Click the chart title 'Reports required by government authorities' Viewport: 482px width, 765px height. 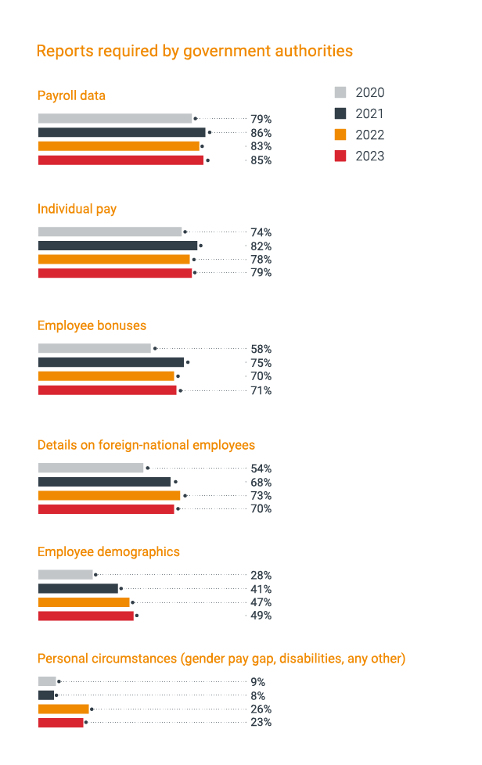pyautogui.click(x=195, y=52)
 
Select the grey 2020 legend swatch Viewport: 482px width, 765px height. pyautogui.click(x=340, y=92)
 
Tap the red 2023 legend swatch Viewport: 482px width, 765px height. pyautogui.click(x=340, y=156)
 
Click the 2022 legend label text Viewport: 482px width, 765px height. pyautogui.click(x=370, y=135)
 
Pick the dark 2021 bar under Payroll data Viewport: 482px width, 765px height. pyautogui.click(x=121, y=132)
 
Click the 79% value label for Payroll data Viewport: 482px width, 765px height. pyautogui.click(x=261, y=119)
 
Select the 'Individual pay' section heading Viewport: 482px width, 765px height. pyautogui.click(x=77, y=209)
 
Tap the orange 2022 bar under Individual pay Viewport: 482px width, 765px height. pyautogui.click(x=113, y=259)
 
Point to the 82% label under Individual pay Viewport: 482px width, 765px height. pyautogui.click(x=261, y=246)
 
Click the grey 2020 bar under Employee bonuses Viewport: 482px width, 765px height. pyautogui.click(x=94, y=349)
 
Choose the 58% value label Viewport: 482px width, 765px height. pyautogui.click(x=261, y=350)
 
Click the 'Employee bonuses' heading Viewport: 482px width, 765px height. pyautogui.click(x=92, y=325)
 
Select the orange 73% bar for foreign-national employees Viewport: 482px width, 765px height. pyautogui.click(x=109, y=495)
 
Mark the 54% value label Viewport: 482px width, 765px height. pyautogui.click(x=261, y=469)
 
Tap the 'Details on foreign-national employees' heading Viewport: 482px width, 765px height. pyautogui.click(x=146, y=445)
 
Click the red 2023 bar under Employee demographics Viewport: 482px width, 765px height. pyautogui.click(x=86, y=616)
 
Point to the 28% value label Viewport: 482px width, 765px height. pyautogui.click(x=261, y=576)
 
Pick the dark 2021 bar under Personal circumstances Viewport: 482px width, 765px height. pyautogui.click(x=46, y=695)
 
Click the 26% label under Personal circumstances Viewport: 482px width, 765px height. pyautogui.click(x=261, y=709)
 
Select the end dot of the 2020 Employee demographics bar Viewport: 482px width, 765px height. pyautogui.click(x=95, y=575)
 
